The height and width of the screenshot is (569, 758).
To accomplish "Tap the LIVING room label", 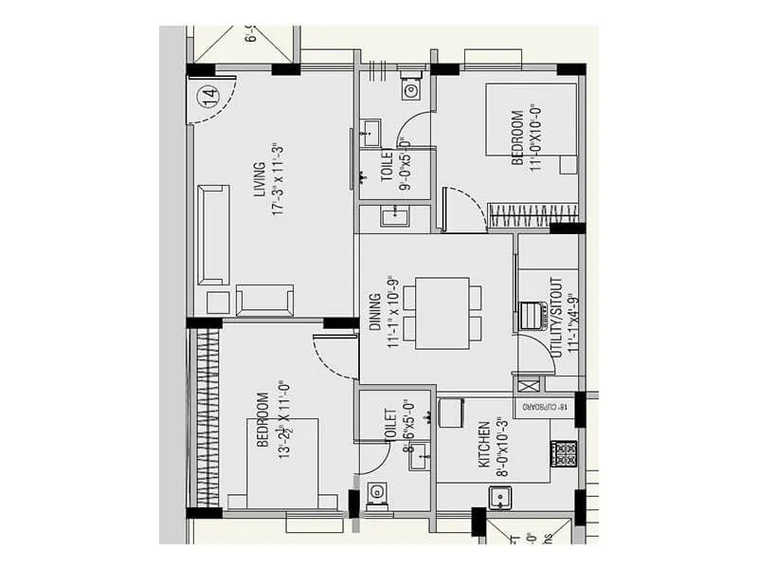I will point(260,179).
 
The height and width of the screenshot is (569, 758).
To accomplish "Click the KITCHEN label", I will point(484,446).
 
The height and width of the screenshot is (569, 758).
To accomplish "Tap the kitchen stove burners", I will point(565,453).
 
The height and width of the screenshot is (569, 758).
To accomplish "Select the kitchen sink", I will point(499,498).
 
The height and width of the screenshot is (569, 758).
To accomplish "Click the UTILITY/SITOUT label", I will point(556,316).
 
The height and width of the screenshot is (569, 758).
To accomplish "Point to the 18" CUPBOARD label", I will point(547,407).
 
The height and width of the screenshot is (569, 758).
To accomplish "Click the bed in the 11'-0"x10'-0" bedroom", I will point(532,119).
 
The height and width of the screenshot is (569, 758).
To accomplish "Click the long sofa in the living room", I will point(213,234).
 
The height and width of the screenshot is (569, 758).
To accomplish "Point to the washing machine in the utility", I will point(532,315).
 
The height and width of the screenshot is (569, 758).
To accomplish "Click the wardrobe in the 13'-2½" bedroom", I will point(206,418).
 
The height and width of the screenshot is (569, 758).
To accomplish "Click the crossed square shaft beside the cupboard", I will point(529,385).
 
